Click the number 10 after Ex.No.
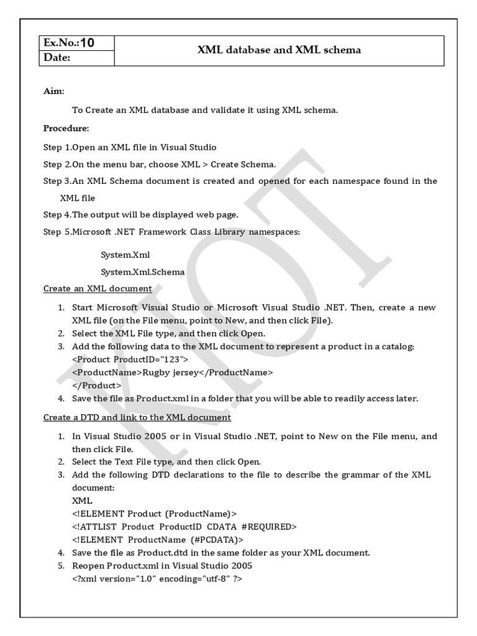87,43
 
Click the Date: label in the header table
57,58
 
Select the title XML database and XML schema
279,50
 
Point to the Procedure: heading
66,129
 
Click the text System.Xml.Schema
142,271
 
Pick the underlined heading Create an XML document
98,288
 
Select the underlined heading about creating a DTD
137,417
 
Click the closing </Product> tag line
97,385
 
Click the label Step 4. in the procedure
57,214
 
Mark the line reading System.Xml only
125,255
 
